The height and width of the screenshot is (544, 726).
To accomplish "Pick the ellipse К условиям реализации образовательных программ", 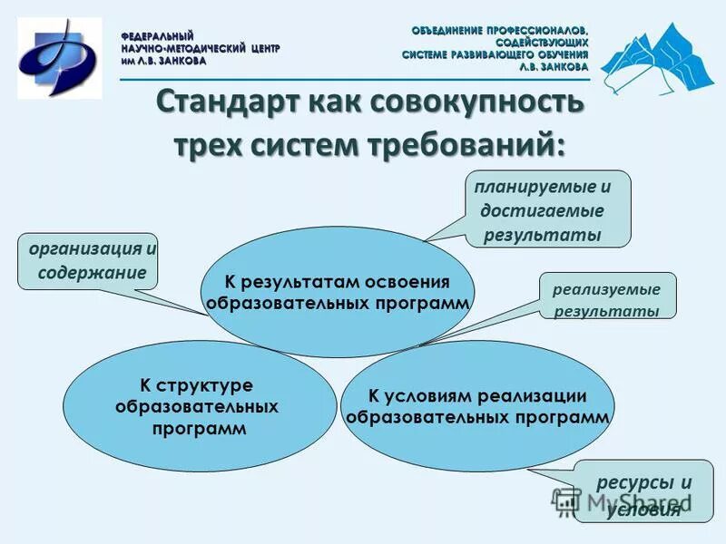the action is click(477, 406).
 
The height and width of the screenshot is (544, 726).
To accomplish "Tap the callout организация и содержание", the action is click(88, 261).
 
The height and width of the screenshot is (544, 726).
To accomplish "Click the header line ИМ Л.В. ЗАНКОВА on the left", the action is click(164, 61).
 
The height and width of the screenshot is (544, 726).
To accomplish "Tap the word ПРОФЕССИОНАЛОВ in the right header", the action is click(541, 30).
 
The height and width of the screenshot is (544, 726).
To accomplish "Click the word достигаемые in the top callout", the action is click(543, 210).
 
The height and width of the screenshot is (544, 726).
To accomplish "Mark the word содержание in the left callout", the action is click(92, 272).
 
